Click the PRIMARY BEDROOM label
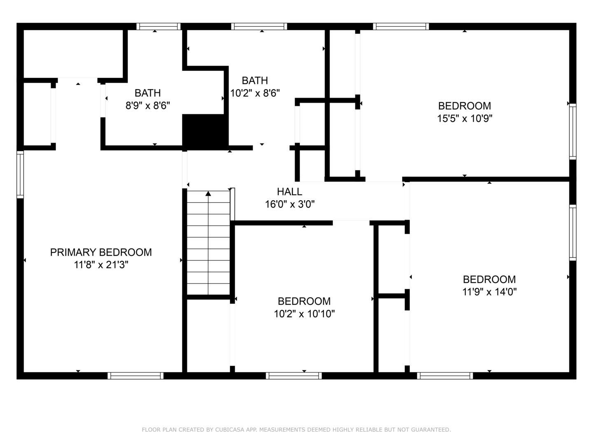101,252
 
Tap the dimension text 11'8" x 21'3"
101,265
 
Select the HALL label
289,192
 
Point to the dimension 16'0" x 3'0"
289,204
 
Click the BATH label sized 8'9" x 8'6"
147,93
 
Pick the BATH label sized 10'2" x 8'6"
254,80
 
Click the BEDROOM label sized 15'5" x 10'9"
465,106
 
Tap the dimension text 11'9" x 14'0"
489,292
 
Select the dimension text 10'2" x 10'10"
304,314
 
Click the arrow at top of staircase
208,193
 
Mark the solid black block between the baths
205,131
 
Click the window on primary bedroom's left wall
20,174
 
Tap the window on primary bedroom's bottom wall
135,376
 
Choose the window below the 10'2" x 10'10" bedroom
294,376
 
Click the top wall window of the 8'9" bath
159,26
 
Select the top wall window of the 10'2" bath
259,26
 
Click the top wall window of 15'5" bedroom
401,26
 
